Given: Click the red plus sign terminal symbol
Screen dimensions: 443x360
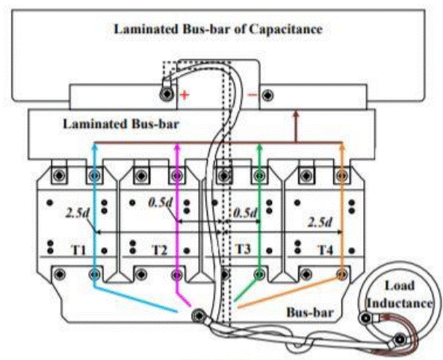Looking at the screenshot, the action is (x=185, y=95).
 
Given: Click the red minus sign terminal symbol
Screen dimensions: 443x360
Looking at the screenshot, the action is (x=253, y=95).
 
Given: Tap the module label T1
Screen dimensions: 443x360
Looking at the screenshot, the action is (x=79, y=249).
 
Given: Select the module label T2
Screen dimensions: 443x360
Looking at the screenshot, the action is (x=160, y=249).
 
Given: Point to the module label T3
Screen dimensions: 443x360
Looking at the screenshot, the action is (x=243, y=249).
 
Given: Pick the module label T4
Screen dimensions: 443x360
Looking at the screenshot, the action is (x=326, y=249).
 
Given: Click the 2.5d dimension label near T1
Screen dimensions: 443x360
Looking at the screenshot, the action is (x=77, y=213).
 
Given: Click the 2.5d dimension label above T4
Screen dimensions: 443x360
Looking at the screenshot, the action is (x=320, y=223).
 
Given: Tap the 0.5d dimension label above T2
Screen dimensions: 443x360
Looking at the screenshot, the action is (x=160, y=202).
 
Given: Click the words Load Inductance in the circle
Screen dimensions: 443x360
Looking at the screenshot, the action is (x=400, y=294).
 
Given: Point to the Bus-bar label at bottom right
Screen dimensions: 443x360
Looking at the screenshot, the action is (x=310, y=312).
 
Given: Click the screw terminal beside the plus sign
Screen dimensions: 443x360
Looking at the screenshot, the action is (x=167, y=94).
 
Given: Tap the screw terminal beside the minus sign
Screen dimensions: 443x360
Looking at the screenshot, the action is (x=267, y=95).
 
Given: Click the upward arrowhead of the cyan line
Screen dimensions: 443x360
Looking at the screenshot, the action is (x=95, y=146).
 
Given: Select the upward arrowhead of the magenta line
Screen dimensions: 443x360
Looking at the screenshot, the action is (x=177, y=146).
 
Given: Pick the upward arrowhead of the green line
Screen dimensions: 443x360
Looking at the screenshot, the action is (x=259, y=146).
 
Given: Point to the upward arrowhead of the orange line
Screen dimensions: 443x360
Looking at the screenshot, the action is (x=342, y=146).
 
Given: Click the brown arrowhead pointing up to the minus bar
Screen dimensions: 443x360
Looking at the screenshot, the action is (x=296, y=114).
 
